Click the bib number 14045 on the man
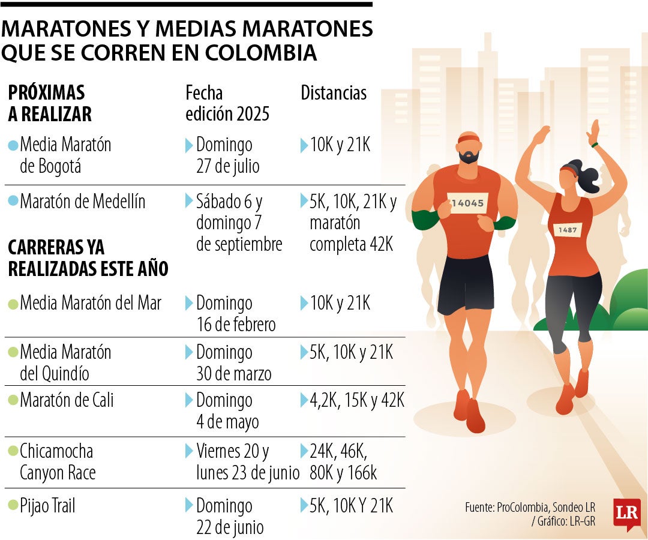pyautogui.click(x=467, y=203)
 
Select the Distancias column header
pyautogui.click(x=333, y=93)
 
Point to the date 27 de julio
pyautogui.click(x=228, y=166)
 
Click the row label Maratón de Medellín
pyautogui.click(x=82, y=202)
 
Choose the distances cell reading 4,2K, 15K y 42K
pyautogui.click(x=357, y=400)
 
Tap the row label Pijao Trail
pyautogui.click(x=47, y=506)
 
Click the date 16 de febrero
pyautogui.click(x=236, y=325)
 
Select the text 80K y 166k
pyautogui.click(x=343, y=473)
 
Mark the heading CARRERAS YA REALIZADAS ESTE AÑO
pyautogui.click(x=88, y=258)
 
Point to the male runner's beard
pyautogui.click(x=469, y=157)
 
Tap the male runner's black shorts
pyautogui.click(x=466, y=292)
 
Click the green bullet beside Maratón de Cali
pyautogui.click(x=13, y=401)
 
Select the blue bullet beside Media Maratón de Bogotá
pyautogui.click(x=13, y=145)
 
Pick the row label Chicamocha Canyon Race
pyautogui.click(x=57, y=461)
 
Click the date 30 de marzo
pyautogui.click(x=233, y=374)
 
